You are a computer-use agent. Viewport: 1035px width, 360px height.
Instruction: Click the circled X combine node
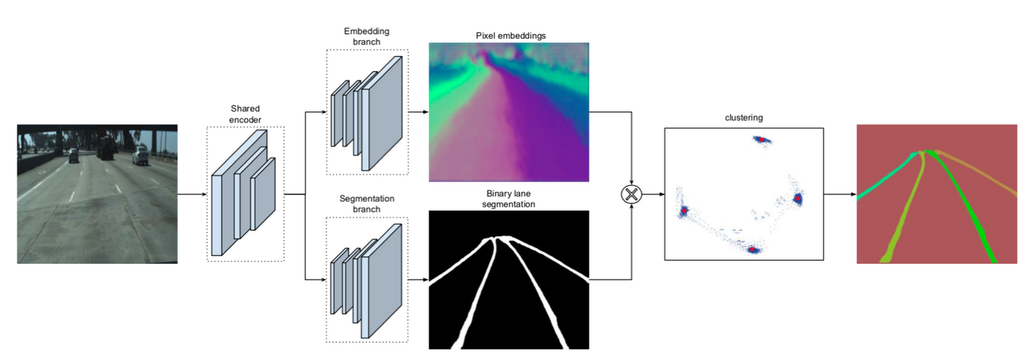pos(632,193)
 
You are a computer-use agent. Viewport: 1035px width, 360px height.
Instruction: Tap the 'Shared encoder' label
pos(244,114)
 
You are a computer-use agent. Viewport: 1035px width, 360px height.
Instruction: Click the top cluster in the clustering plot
pos(761,140)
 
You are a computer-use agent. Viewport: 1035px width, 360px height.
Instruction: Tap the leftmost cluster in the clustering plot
pos(684,211)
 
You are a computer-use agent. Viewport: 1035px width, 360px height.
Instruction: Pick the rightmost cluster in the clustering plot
pos(797,198)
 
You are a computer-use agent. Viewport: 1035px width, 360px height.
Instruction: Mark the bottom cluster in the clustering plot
pos(753,249)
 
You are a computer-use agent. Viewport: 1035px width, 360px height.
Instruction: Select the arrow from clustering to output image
pos(839,194)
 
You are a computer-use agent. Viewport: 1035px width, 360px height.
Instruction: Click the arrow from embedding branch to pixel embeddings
pos(418,112)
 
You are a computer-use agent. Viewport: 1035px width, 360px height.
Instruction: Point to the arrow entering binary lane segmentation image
pos(418,278)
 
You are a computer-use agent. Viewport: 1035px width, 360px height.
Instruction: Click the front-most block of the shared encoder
pos(224,213)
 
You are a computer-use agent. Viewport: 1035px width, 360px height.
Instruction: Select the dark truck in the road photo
pos(105,149)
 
